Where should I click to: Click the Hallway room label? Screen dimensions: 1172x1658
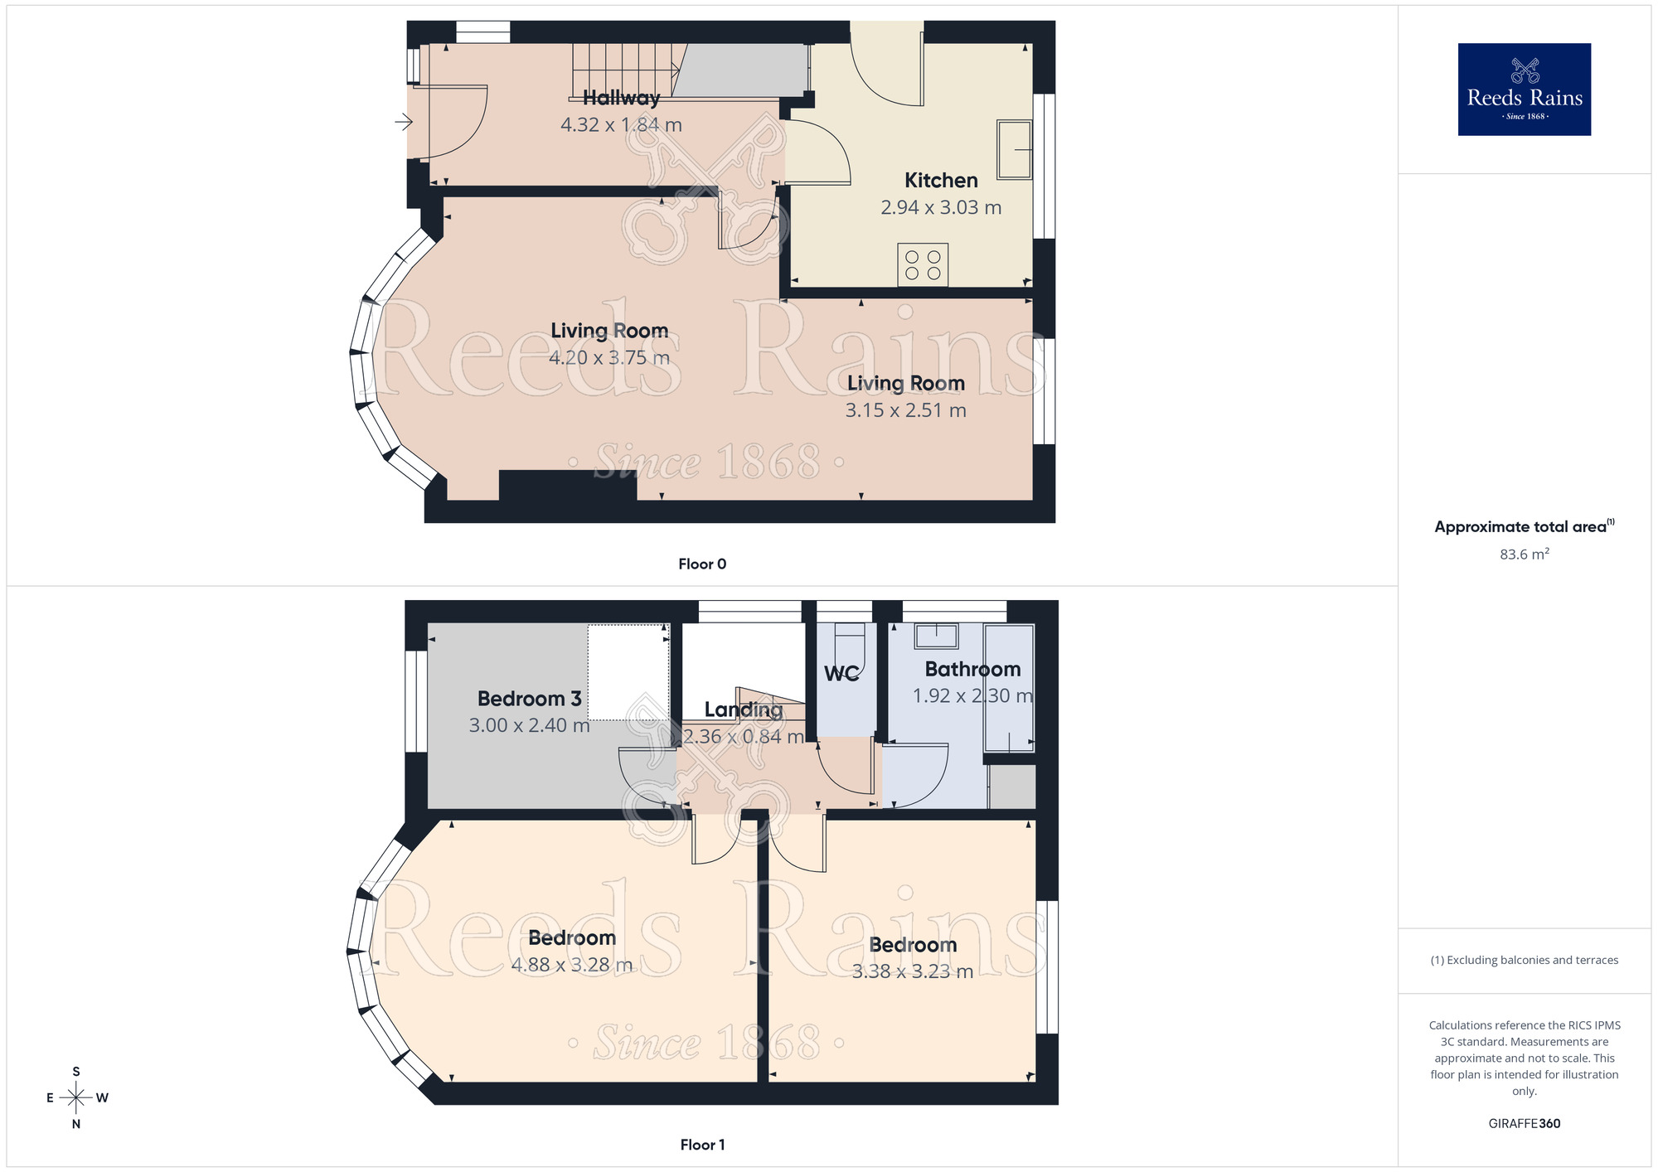pos(621,98)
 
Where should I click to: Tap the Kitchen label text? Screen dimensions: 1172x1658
pos(941,181)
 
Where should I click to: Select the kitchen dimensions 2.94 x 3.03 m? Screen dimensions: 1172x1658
pos(941,208)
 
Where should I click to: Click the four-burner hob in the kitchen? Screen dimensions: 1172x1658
pos(923,265)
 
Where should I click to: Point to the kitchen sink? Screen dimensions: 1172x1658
pos(1014,150)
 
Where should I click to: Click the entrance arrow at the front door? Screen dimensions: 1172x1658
pos(404,123)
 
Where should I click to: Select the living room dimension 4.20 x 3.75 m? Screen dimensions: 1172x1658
pos(609,358)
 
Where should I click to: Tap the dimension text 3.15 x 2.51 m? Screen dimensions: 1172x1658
pos(905,410)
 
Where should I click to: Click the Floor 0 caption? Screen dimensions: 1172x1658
pos(702,564)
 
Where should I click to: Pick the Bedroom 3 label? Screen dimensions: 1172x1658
pos(529,699)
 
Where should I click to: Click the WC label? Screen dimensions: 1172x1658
pos(841,674)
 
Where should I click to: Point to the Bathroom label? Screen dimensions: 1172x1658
pos(972,669)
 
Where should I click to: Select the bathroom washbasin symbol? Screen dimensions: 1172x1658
pos(936,636)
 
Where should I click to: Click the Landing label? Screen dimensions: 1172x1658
pos(743,709)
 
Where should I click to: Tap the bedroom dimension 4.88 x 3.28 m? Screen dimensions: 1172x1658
pos(572,966)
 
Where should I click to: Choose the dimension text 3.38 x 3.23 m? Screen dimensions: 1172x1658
pos(913,971)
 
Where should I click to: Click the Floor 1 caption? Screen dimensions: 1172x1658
pos(702,1145)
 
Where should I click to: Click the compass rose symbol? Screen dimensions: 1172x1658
pos(76,1098)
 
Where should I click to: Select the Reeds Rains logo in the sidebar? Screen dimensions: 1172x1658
pos(1524,90)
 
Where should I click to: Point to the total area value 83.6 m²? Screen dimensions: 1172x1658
pos(1524,555)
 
